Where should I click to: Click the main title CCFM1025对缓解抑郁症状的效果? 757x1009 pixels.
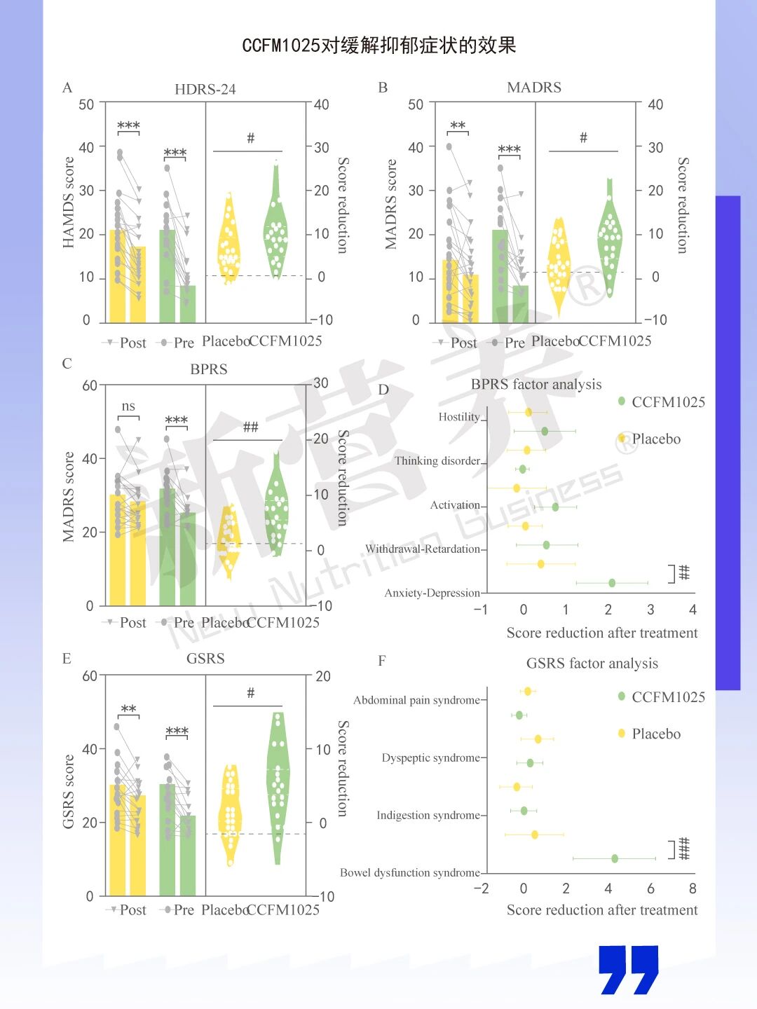pyautogui.click(x=378, y=46)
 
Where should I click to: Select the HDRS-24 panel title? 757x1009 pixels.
pyautogui.click(x=205, y=90)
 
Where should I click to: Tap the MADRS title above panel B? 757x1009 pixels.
pyautogui.click(x=534, y=88)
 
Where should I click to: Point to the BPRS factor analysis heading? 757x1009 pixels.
pyautogui.click(x=536, y=384)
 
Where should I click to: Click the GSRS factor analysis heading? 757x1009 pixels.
pyautogui.click(x=592, y=663)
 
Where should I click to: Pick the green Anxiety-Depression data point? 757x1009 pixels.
pyautogui.click(x=612, y=583)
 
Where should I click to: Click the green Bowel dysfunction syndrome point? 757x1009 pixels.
pyautogui.click(x=615, y=858)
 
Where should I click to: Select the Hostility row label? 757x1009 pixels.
pyautogui.click(x=459, y=417)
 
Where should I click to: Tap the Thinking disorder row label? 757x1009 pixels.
pyautogui.click(x=437, y=461)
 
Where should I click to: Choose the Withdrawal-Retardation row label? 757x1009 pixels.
pyautogui.click(x=423, y=549)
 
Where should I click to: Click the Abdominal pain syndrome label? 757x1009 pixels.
pyautogui.click(x=416, y=700)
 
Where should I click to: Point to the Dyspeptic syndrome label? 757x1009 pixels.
pyautogui.click(x=430, y=757)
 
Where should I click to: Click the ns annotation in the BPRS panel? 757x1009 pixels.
pyautogui.click(x=128, y=406)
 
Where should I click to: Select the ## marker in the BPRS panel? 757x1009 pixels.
pyautogui.click(x=250, y=427)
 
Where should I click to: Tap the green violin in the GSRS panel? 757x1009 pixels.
pyautogui.click(x=278, y=785)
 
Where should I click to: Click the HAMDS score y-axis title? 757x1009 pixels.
pyautogui.click(x=69, y=203)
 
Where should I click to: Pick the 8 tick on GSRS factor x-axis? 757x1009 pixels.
pyautogui.click(x=693, y=888)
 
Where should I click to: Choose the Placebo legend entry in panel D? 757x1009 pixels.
pyautogui.click(x=655, y=439)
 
